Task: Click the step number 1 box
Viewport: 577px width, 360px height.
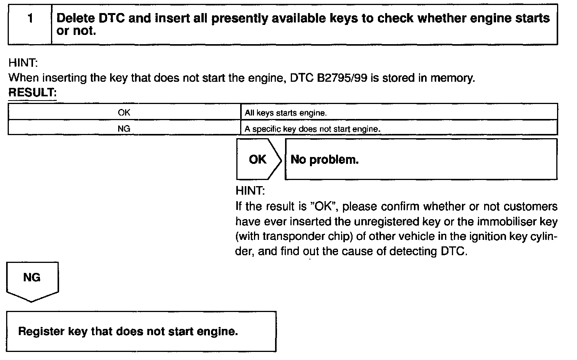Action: [x=30, y=24]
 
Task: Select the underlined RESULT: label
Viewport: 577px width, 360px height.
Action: [x=32, y=92]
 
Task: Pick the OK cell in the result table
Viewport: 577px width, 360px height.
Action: [x=124, y=112]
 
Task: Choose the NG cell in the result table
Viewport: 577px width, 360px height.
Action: [x=124, y=129]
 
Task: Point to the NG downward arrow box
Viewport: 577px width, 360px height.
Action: [x=32, y=279]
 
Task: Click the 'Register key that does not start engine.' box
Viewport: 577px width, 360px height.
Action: [x=141, y=331]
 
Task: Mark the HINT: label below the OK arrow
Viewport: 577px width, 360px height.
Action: [x=250, y=190]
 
